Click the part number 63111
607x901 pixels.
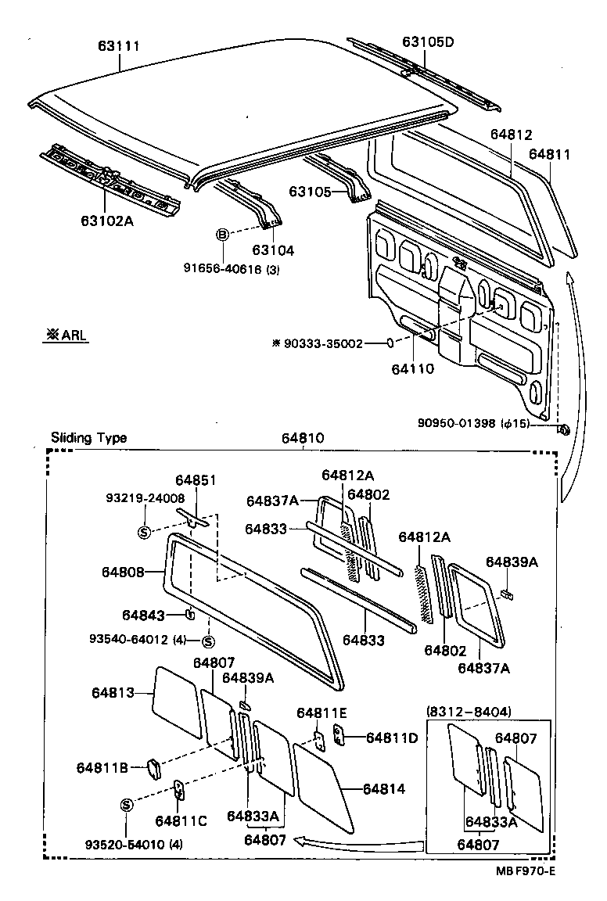(x=119, y=47)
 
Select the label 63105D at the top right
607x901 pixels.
(x=428, y=41)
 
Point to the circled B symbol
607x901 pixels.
(x=222, y=234)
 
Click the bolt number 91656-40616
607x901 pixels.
(x=221, y=270)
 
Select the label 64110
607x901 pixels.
(x=413, y=368)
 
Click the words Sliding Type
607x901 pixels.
(x=88, y=438)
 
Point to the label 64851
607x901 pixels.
(x=196, y=480)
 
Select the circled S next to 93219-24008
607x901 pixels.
(x=144, y=532)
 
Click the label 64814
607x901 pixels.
(x=383, y=789)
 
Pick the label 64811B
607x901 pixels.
(x=102, y=767)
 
